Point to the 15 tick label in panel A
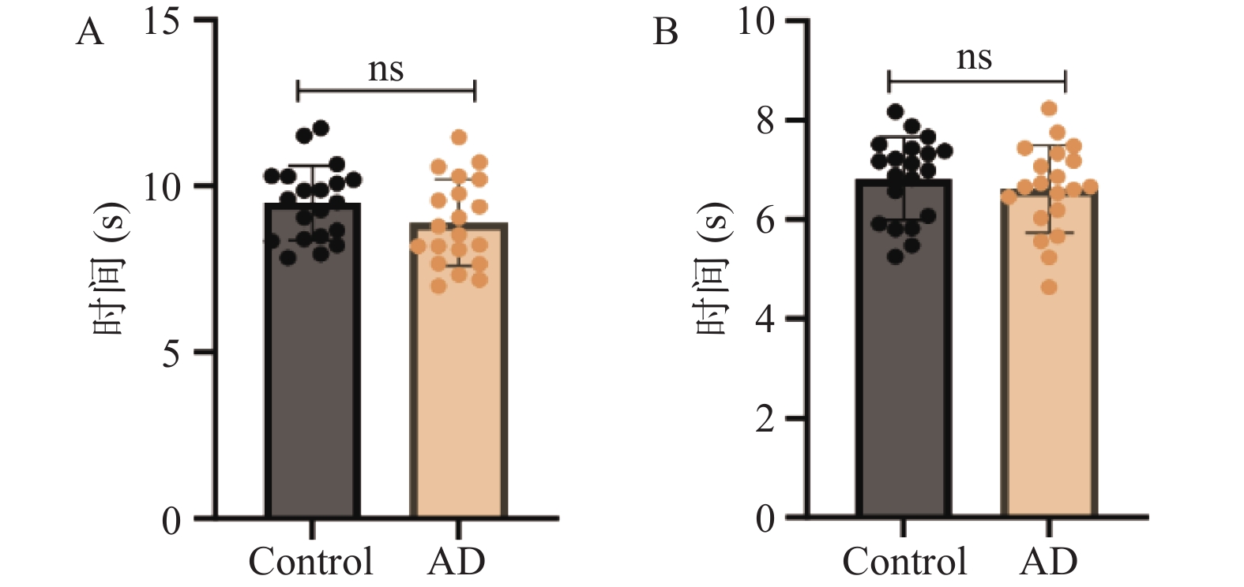[x=162, y=23]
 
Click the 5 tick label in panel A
[x=171, y=354]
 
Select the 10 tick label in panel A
[x=162, y=188]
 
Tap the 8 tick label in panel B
[x=765, y=122]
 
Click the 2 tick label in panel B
[x=765, y=420]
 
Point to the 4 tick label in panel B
[x=765, y=320]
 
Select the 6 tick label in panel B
[x=765, y=221]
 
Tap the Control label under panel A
[x=311, y=561]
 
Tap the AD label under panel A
[x=456, y=561]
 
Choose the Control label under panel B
[x=904, y=561]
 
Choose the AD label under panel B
[x=1049, y=561]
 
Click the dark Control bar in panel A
[x=313, y=361]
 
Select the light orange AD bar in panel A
[x=459, y=371]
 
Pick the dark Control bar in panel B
[x=904, y=349]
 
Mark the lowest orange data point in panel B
[x=1049, y=287]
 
